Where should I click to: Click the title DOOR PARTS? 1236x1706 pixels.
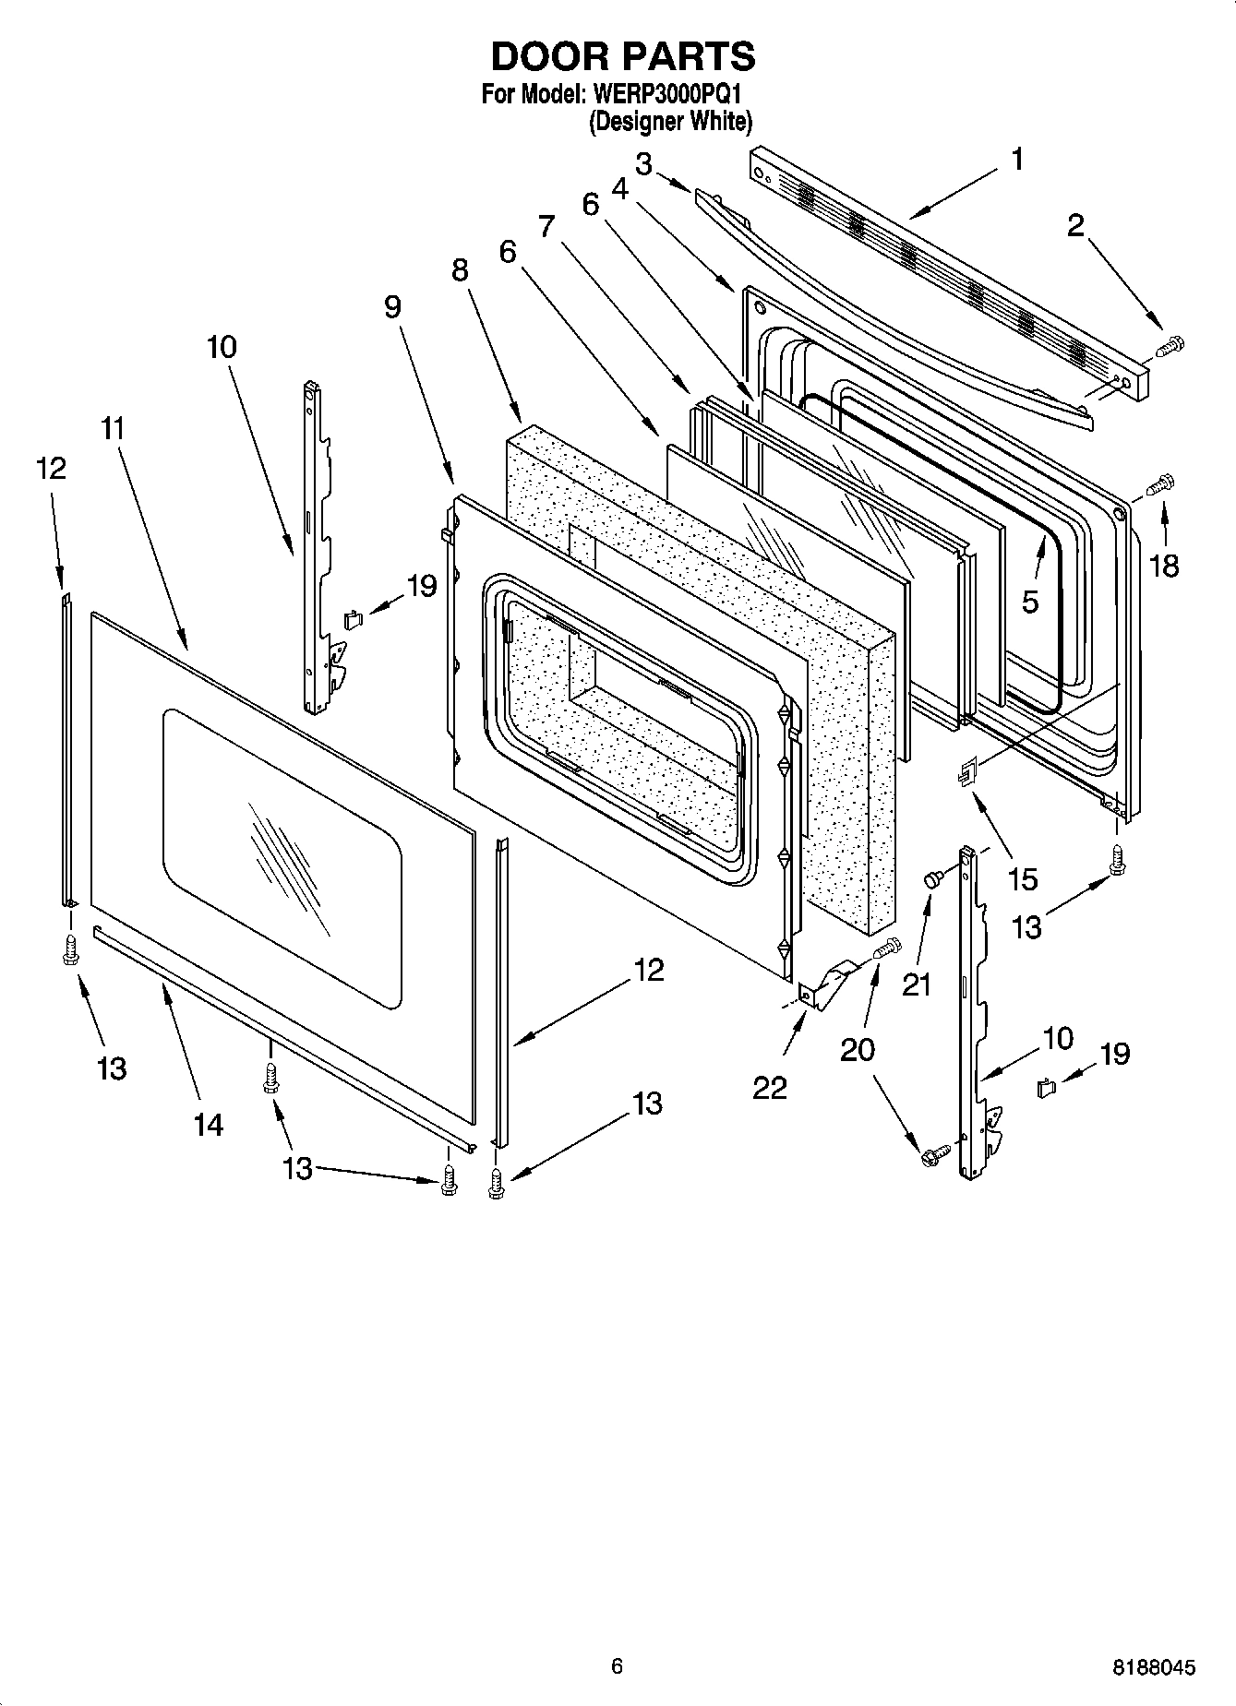pos(623,57)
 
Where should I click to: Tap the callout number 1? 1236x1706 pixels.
pos(1016,160)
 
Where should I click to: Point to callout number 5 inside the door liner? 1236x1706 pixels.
pos(1030,602)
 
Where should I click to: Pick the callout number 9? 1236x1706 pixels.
pos(393,306)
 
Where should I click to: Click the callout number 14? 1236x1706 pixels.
pos(209,1125)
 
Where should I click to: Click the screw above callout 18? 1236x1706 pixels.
pos(1160,483)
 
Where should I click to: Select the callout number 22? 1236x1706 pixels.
pos(770,1088)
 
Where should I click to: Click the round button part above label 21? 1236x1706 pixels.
pos(932,880)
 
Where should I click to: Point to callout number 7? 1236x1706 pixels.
pos(547,224)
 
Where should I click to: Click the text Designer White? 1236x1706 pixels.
pos(671,121)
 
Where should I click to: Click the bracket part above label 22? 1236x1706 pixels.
pos(829,983)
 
